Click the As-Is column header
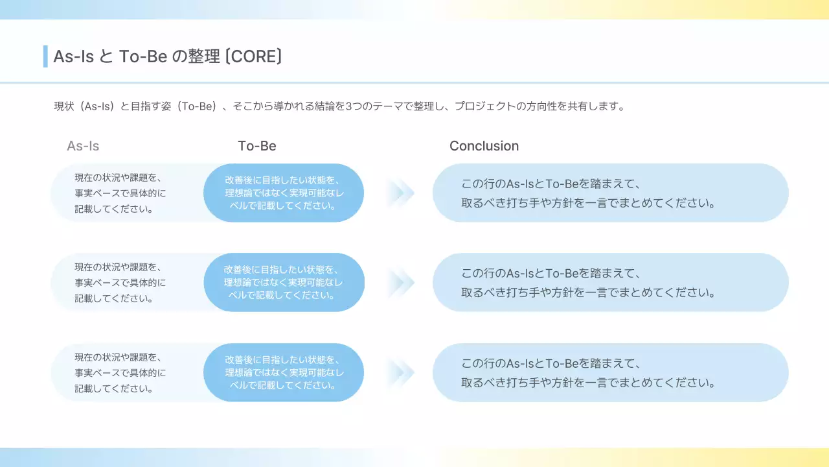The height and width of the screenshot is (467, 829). (x=83, y=146)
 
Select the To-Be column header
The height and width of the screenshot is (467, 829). (x=257, y=146)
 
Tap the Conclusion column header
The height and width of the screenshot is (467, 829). (x=484, y=146)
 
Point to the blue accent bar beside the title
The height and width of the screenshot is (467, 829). (x=45, y=56)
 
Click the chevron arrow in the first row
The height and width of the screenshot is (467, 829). (x=400, y=193)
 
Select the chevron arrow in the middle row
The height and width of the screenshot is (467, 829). (x=400, y=283)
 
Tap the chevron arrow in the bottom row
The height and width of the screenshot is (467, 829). (x=400, y=373)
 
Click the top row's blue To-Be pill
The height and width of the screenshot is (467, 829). (x=284, y=193)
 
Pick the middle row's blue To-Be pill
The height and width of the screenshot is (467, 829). (x=284, y=283)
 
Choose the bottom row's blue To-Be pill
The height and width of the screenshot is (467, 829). (x=284, y=373)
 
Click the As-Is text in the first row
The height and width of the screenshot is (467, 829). (x=120, y=193)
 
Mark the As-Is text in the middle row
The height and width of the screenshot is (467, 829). (x=120, y=283)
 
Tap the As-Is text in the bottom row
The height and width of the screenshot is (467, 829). (x=120, y=373)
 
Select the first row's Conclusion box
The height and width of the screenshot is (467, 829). (x=610, y=193)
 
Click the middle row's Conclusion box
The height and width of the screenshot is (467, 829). (x=610, y=283)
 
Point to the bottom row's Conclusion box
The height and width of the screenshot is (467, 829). (x=610, y=373)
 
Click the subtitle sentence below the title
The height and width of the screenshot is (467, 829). (x=340, y=106)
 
